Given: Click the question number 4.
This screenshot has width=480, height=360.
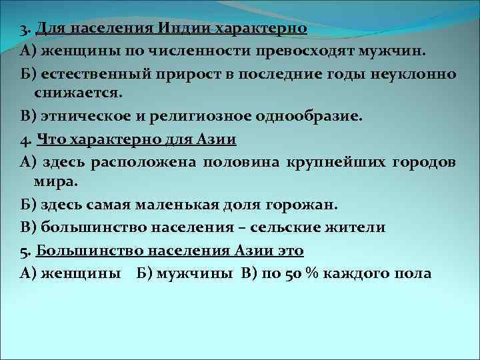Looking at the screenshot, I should [x=24, y=140].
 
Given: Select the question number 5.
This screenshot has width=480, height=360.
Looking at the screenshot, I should [x=24, y=251].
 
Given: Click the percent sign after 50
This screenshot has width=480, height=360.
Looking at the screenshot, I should [x=307, y=273].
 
